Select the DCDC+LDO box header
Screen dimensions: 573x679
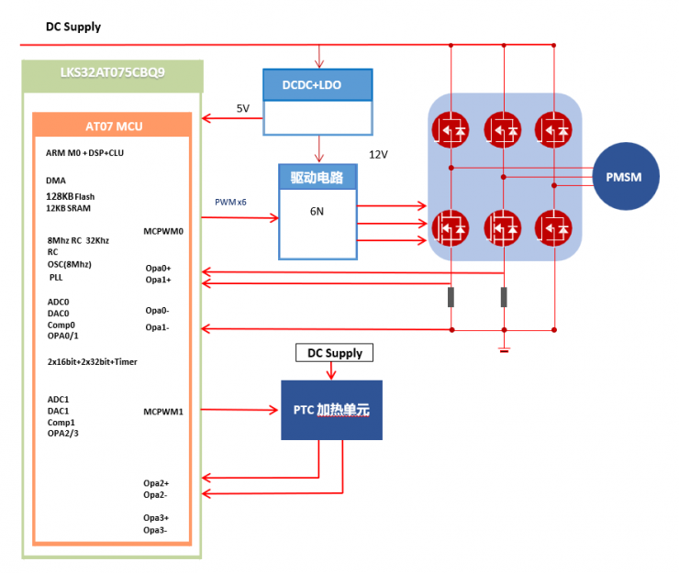click(x=317, y=84)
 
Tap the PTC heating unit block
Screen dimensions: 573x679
click(x=330, y=410)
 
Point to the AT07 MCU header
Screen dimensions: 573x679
click(x=112, y=126)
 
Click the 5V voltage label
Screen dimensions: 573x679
click(x=243, y=108)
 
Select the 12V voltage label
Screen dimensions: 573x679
click(x=378, y=154)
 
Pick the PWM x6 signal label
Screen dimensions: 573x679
click(x=230, y=202)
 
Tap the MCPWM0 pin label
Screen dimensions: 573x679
click(x=164, y=231)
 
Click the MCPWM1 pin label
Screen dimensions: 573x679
click(x=164, y=411)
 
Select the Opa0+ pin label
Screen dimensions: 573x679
click(x=158, y=268)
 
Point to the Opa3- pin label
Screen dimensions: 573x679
click(x=155, y=529)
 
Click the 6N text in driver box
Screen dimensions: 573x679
click(x=317, y=211)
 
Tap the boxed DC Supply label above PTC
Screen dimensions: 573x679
click(x=334, y=353)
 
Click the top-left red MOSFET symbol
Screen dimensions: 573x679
click(x=450, y=128)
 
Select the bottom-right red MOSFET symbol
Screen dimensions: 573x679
click(x=554, y=226)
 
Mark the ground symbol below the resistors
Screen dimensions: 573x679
click(x=504, y=349)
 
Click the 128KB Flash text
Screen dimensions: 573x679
click(x=70, y=196)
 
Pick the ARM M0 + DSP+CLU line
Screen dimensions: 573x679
click(x=84, y=153)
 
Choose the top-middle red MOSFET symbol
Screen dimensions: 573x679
click(x=502, y=128)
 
